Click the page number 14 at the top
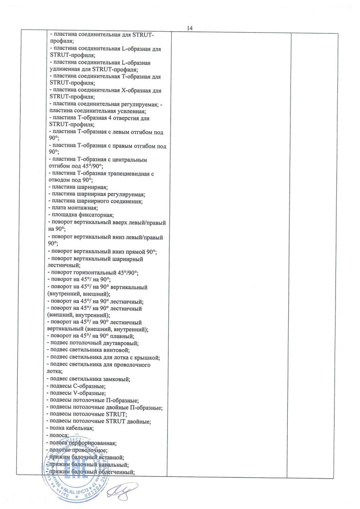point(190,28)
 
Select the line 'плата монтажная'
point(73,208)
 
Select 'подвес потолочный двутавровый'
point(93,343)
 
